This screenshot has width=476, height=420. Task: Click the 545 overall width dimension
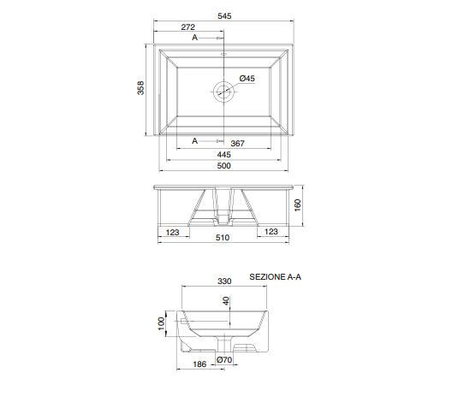coord(224,15)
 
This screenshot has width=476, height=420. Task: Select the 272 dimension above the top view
coord(187,27)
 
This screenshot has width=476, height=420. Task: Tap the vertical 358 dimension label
coord(140,87)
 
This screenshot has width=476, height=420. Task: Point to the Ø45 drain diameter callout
coord(247,78)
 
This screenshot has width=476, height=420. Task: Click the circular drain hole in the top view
coord(223,92)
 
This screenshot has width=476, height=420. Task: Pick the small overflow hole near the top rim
coord(223,54)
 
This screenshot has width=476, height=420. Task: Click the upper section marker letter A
coord(194,38)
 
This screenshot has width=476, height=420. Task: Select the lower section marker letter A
coord(194,140)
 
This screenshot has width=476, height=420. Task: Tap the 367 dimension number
coord(237,143)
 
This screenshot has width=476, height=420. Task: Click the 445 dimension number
coord(223,154)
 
